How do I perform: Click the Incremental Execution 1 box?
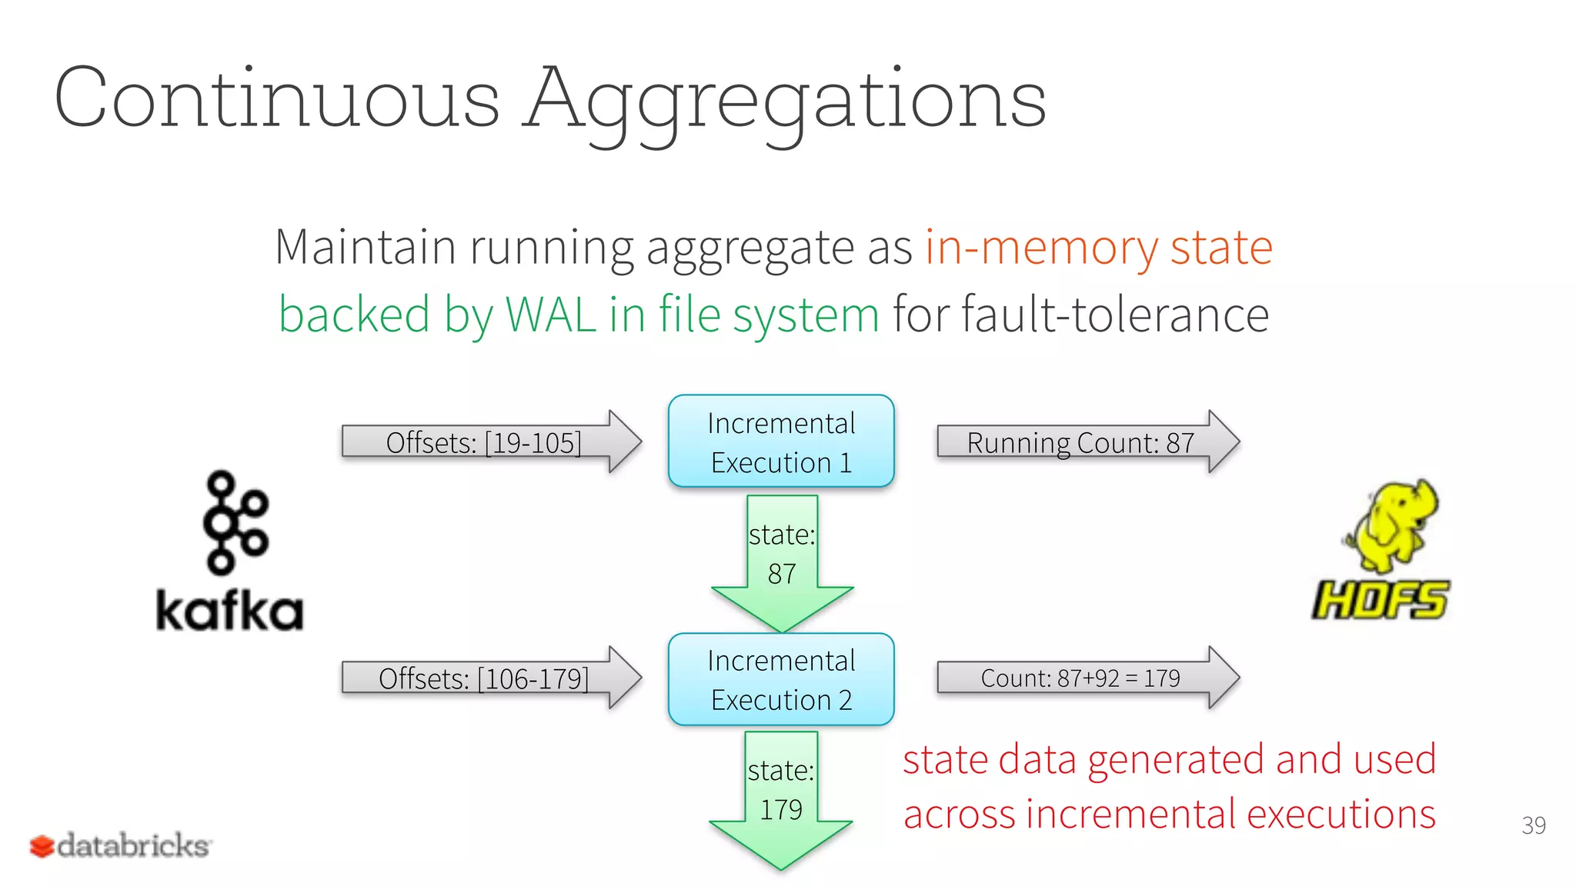[x=781, y=441]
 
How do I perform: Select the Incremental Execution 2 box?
[x=781, y=679]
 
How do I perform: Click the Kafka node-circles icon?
[x=234, y=523]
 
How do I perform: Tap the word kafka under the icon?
[x=229, y=611]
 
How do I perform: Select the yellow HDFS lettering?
[x=1381, y=600]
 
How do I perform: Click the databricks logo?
[x=121, y=845]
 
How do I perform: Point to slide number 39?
[x=1533, y=825]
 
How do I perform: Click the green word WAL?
[x=549, y=315]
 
